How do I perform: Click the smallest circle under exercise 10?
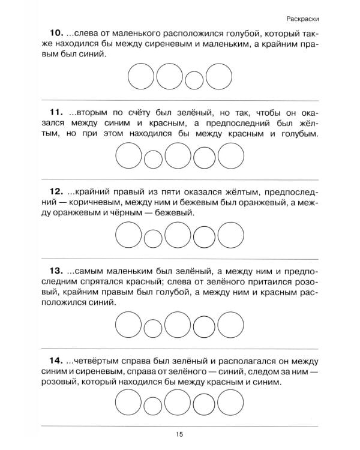coord(193,79)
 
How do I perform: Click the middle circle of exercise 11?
coord(178,157)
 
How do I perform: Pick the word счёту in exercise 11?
coord(152,112)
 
